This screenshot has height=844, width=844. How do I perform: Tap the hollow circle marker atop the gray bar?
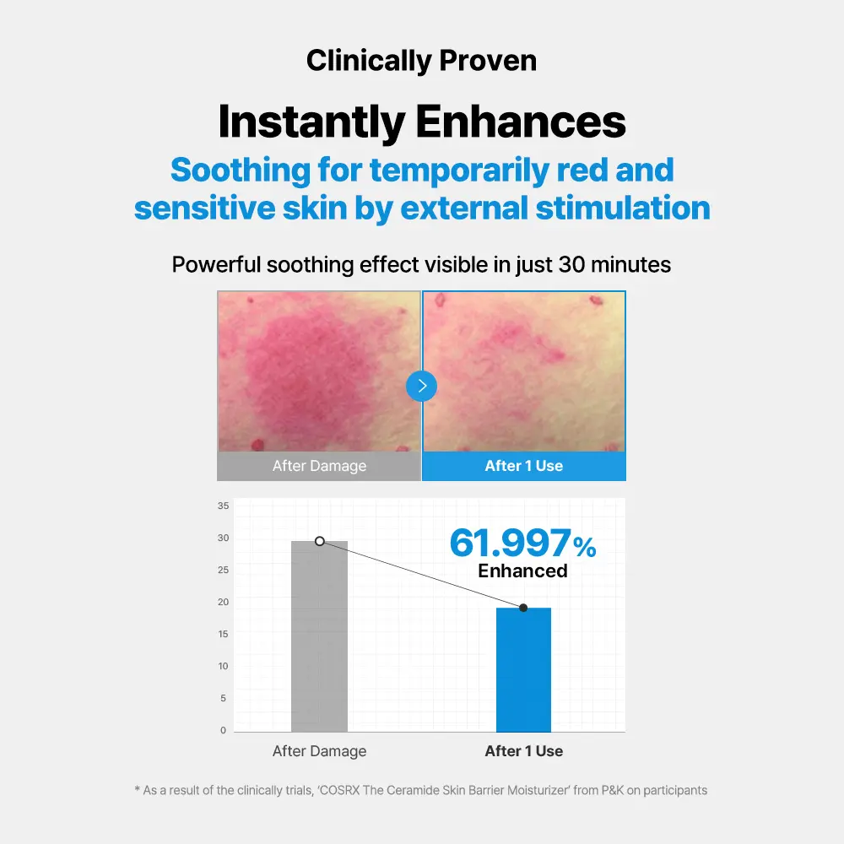320,541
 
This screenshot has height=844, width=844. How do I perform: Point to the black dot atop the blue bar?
523,608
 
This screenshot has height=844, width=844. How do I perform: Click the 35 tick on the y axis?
223,506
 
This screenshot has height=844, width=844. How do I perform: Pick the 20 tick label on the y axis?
223,602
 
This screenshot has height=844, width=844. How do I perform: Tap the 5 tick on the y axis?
224,698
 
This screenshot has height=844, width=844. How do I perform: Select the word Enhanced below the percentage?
522,571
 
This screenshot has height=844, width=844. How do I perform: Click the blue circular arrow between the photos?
422,387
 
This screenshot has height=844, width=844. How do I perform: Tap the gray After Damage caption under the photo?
319,466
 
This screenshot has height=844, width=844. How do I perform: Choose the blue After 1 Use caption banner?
523,466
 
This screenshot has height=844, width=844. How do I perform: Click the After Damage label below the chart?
319,751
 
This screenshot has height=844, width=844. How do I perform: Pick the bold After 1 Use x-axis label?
523,751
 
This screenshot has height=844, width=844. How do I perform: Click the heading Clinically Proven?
421,61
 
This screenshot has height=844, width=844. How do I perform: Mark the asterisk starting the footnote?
138,791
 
